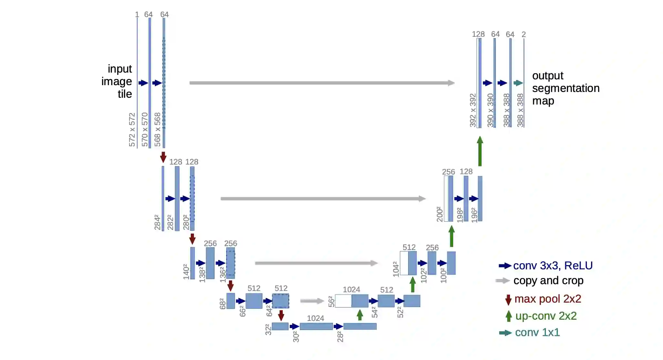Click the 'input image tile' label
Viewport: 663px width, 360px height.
pos(117,81)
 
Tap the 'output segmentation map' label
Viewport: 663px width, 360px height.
pos(566,88)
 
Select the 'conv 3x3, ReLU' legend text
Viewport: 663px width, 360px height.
pos(553,265)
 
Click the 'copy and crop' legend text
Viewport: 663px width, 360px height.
pos(548,281)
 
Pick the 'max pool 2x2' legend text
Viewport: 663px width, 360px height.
pos(547,299)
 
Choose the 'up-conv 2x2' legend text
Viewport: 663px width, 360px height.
pos(546,316)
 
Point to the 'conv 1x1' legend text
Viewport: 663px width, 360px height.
pos(537,332)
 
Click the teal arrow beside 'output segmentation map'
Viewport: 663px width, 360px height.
pos(518,83)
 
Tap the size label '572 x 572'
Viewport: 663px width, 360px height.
pos(132,130)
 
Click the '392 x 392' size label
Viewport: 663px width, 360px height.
pos(473,110)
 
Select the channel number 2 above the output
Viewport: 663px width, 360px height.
pos(524,34)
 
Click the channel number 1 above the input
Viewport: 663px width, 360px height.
pos(137,15)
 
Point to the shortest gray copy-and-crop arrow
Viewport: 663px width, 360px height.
pos(312,301)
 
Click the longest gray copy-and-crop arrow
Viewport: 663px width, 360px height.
pos(322,83)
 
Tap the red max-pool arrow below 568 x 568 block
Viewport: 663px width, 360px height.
pos(163,157)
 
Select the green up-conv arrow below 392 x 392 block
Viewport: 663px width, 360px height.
pos(480,151)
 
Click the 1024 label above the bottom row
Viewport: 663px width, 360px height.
pos(315,318)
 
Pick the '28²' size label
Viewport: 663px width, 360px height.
pos(340,336)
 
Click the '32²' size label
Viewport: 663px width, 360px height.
pos(268,330)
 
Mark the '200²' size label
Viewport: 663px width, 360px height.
pos(439,214)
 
